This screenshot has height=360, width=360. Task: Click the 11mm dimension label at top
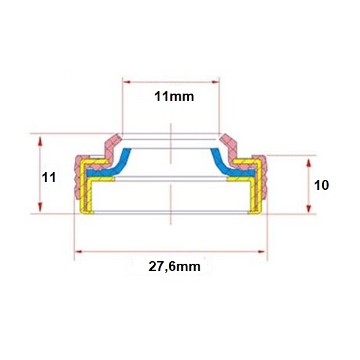174,96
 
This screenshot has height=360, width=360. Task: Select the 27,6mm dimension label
175,267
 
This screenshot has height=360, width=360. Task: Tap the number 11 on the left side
48,177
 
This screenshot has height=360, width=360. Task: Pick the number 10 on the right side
321,185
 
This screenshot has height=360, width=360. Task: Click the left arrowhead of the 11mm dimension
127,82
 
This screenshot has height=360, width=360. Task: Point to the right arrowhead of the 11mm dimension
215,82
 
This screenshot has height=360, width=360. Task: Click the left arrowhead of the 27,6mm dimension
79,251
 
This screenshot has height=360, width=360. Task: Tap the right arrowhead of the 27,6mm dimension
261,251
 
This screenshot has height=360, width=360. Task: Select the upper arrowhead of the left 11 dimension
40,141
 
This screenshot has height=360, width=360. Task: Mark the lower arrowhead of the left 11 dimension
40,207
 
